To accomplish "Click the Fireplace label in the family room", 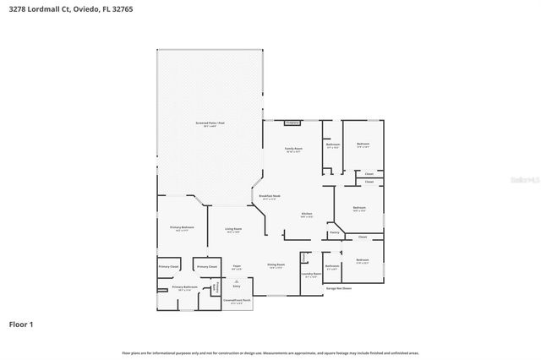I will tap(293, 123).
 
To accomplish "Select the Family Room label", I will tap(293, 149).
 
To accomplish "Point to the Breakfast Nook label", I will tap(270, 196).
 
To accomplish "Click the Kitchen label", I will tap(307, 214).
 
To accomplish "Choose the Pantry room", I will tap(334, 232).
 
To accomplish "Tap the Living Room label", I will tap(233, 229).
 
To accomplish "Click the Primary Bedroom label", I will tap(182, 227).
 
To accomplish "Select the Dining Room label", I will tap(276, 265).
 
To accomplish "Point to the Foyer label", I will tap(238, 266).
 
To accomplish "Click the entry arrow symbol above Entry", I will tap(237, 281).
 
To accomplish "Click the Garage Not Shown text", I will tap(339, 288).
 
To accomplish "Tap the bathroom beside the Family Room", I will tap(332, 145).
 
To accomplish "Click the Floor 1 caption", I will tap(20, 324).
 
